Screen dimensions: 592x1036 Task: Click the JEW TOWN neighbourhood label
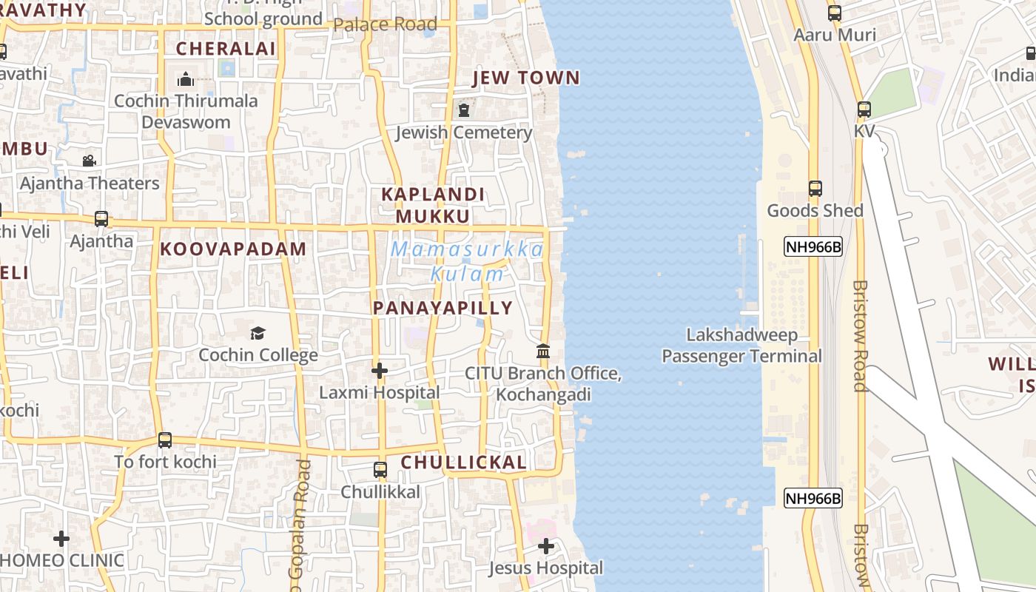click(526, 78)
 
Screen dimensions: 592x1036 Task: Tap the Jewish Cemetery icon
click(464, 110)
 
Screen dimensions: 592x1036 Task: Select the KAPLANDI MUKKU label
click(433, 205)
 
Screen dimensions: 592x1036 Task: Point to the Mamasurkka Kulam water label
click(467, 261)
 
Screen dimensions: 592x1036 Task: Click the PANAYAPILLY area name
click(443, 308)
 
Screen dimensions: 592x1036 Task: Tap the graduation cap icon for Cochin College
click(258, 333)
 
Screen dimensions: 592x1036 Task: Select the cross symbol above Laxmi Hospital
click(380, 370)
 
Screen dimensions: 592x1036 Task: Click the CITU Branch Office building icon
click(543, 351)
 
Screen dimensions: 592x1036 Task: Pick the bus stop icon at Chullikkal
click(380, 470)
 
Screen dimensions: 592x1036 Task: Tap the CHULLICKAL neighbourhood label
click(464, 463)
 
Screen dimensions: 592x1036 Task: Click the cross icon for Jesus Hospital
click(546, 547)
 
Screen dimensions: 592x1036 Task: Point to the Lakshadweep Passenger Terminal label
click(741, 346)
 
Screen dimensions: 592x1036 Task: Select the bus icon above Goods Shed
click(815, 189)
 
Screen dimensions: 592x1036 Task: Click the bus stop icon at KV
click(864, 110)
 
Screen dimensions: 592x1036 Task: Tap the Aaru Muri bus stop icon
click(835, 13)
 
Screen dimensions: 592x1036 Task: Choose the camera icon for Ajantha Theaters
click(90, 161)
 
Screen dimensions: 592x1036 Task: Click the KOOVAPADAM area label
click(233, 249)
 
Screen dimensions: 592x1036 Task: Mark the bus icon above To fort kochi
click(165, 440)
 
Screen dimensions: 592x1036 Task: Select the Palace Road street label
click(385, 24)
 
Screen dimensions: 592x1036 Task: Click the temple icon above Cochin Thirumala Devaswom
click(186, 78)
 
